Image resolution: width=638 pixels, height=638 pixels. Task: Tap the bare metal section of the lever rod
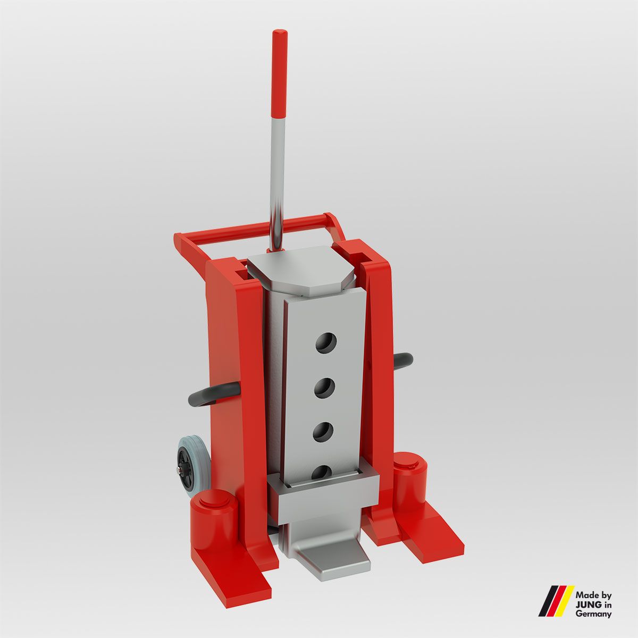pyautogui.click(x=277, y=175)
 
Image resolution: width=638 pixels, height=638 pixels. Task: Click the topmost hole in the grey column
pyautogui.click(x=325, y=343)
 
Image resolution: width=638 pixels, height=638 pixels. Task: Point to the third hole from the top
pyautogui.click(x=322, y=431)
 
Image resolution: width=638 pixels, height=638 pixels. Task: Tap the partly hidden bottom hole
pyautogui.click(x=321, y=470)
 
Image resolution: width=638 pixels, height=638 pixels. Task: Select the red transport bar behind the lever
pyautogui.click(x=255, y=229)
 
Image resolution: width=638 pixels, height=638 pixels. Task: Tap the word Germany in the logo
pyautogui.click(x=593, y=614)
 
